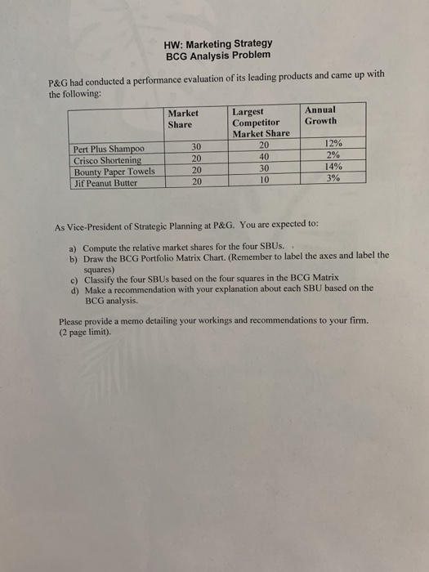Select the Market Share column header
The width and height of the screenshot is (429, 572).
(x=183, y=119)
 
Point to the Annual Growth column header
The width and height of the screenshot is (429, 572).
(x=320, y=115)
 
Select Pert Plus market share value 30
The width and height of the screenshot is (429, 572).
(x=196, y=146)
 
